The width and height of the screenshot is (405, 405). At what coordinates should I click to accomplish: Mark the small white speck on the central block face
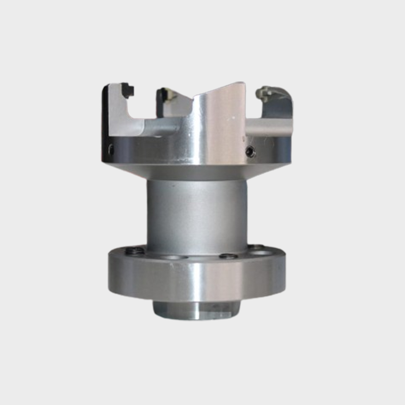coord(232,118)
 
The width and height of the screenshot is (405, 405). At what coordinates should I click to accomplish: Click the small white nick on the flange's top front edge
coord(172,266)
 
